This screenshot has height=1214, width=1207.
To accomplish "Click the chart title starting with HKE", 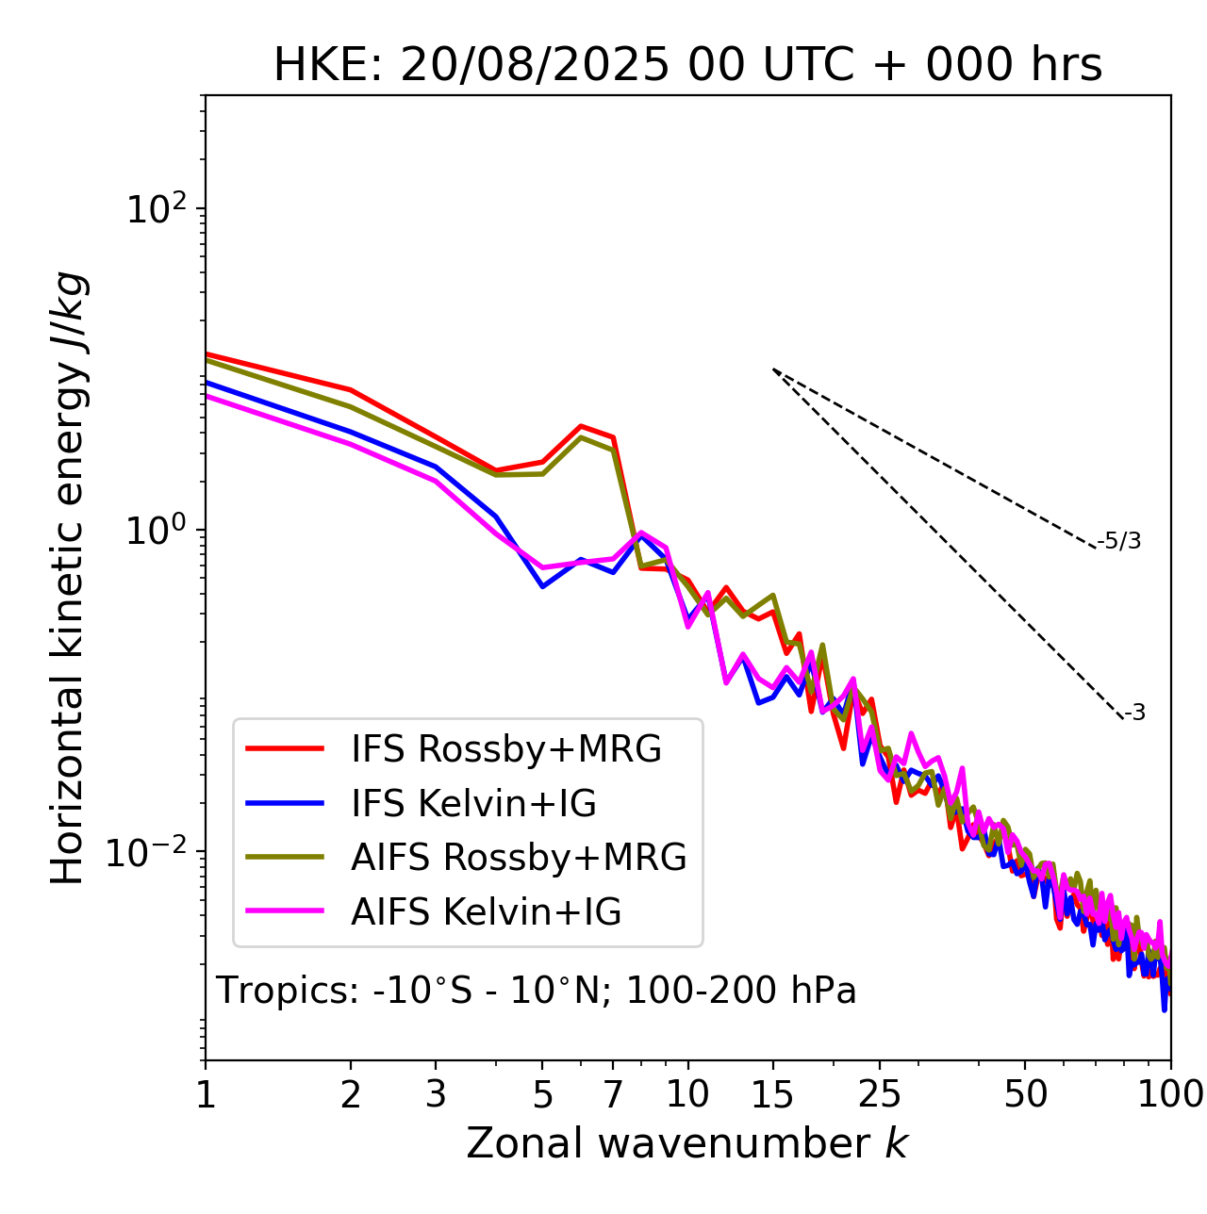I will tap(687, 65).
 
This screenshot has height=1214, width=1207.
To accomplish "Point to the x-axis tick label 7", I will tap(613, 1094).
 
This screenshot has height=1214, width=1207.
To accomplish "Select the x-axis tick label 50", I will tap(1025, 1094).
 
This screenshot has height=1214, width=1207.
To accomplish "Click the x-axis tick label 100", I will tap(1169, 1094).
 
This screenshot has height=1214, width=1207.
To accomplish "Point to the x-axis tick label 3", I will tap(436, 1094).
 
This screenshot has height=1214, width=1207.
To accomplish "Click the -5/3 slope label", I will tap(1119, 541).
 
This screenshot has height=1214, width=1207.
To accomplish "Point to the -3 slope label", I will tap(1135, 714).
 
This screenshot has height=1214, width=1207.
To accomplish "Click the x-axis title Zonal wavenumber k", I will tap(687, 1143).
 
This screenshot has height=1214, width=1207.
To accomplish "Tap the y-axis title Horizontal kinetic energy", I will tap(68, 579).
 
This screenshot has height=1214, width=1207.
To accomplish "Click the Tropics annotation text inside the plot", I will tap(536, 991).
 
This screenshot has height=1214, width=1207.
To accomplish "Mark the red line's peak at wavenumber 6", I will tap(581, 426).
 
